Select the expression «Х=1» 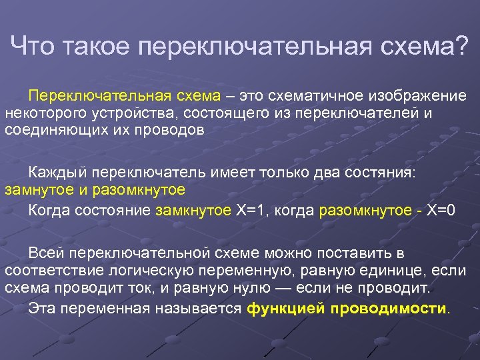point(253,211)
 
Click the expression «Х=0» point(441,211)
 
